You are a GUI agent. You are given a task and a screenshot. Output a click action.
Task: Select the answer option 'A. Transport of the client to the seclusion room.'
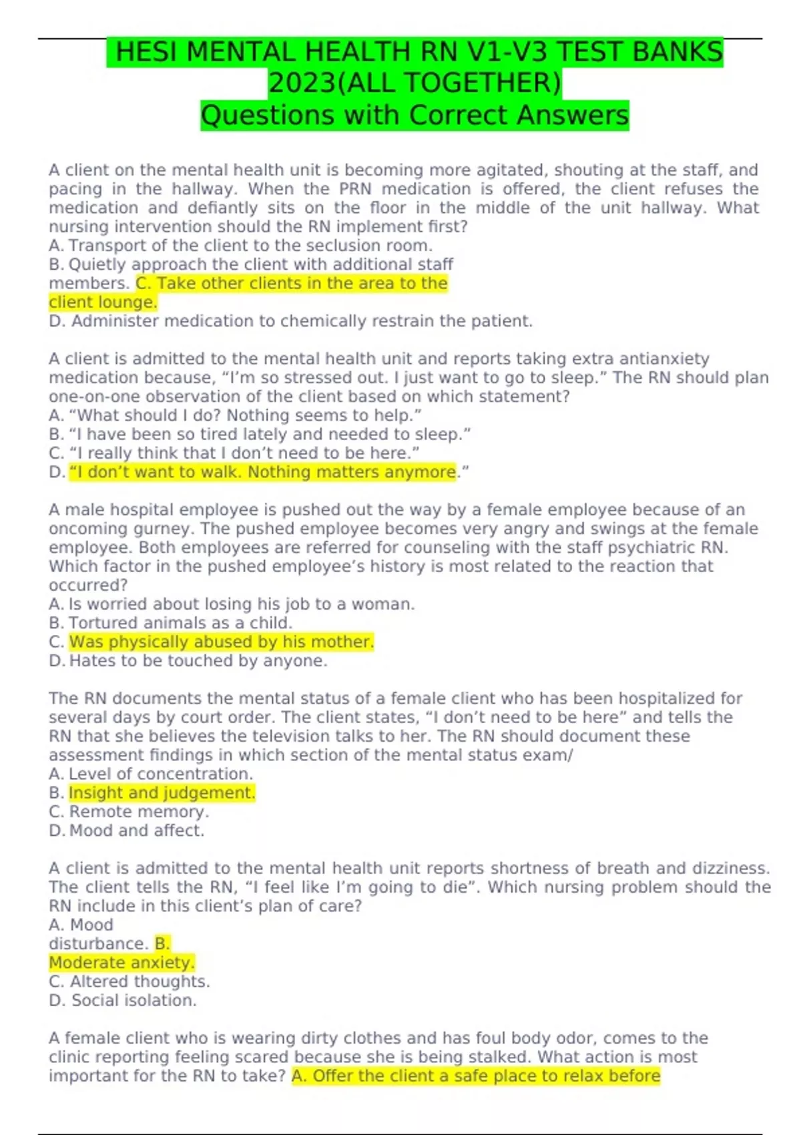[241, 246]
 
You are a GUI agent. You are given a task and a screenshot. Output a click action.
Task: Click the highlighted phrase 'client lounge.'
[103, 302]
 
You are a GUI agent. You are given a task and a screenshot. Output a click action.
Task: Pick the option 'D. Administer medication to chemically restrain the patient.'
[291, 321]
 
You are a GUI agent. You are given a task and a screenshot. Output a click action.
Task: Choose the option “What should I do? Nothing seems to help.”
[236, 415]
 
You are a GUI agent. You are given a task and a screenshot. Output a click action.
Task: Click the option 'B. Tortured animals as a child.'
[171, 623]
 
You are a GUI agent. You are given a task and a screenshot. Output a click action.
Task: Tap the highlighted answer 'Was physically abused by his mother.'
[221, 642]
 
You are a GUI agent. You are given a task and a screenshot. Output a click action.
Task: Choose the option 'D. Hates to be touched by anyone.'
[188, 661]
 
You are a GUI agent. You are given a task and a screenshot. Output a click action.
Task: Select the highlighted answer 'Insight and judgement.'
[162, 792]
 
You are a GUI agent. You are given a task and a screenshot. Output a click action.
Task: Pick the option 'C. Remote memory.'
[129, 812]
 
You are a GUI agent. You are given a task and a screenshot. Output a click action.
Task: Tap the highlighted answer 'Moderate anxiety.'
[121, 963]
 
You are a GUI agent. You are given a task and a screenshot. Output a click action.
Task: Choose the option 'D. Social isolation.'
[123, 1000]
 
